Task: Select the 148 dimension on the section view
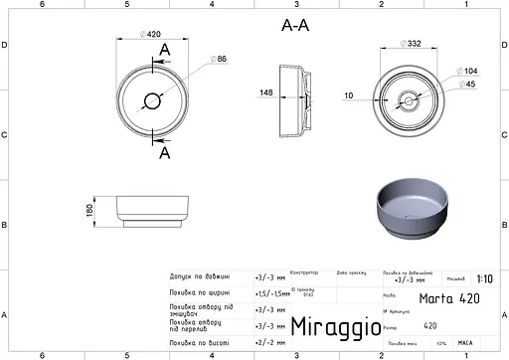pyautogui.click(x=265, y=93)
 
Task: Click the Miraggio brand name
pyautogui.click(x=335, y=326)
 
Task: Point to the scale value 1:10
pyautogui.click(x=484, y=280)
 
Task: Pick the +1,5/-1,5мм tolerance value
pyautogui.click(x=270, y=293)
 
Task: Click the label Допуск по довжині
pyautogui.click(x=201, y=277)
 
